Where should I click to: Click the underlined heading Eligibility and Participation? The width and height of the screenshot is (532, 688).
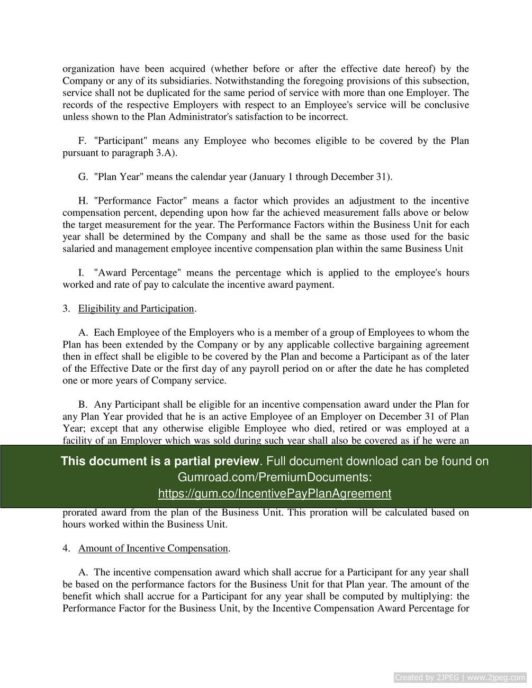coord(136,309)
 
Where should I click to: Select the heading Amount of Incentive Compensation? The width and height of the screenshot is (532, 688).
coord(153,548)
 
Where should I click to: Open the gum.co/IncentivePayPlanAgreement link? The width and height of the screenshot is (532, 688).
coord(274,493)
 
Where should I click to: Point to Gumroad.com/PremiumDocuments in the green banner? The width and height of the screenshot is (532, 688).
coord(274,478)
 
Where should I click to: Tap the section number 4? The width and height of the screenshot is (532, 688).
coord(66,548)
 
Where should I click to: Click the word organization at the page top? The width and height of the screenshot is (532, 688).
coord(88,69)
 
